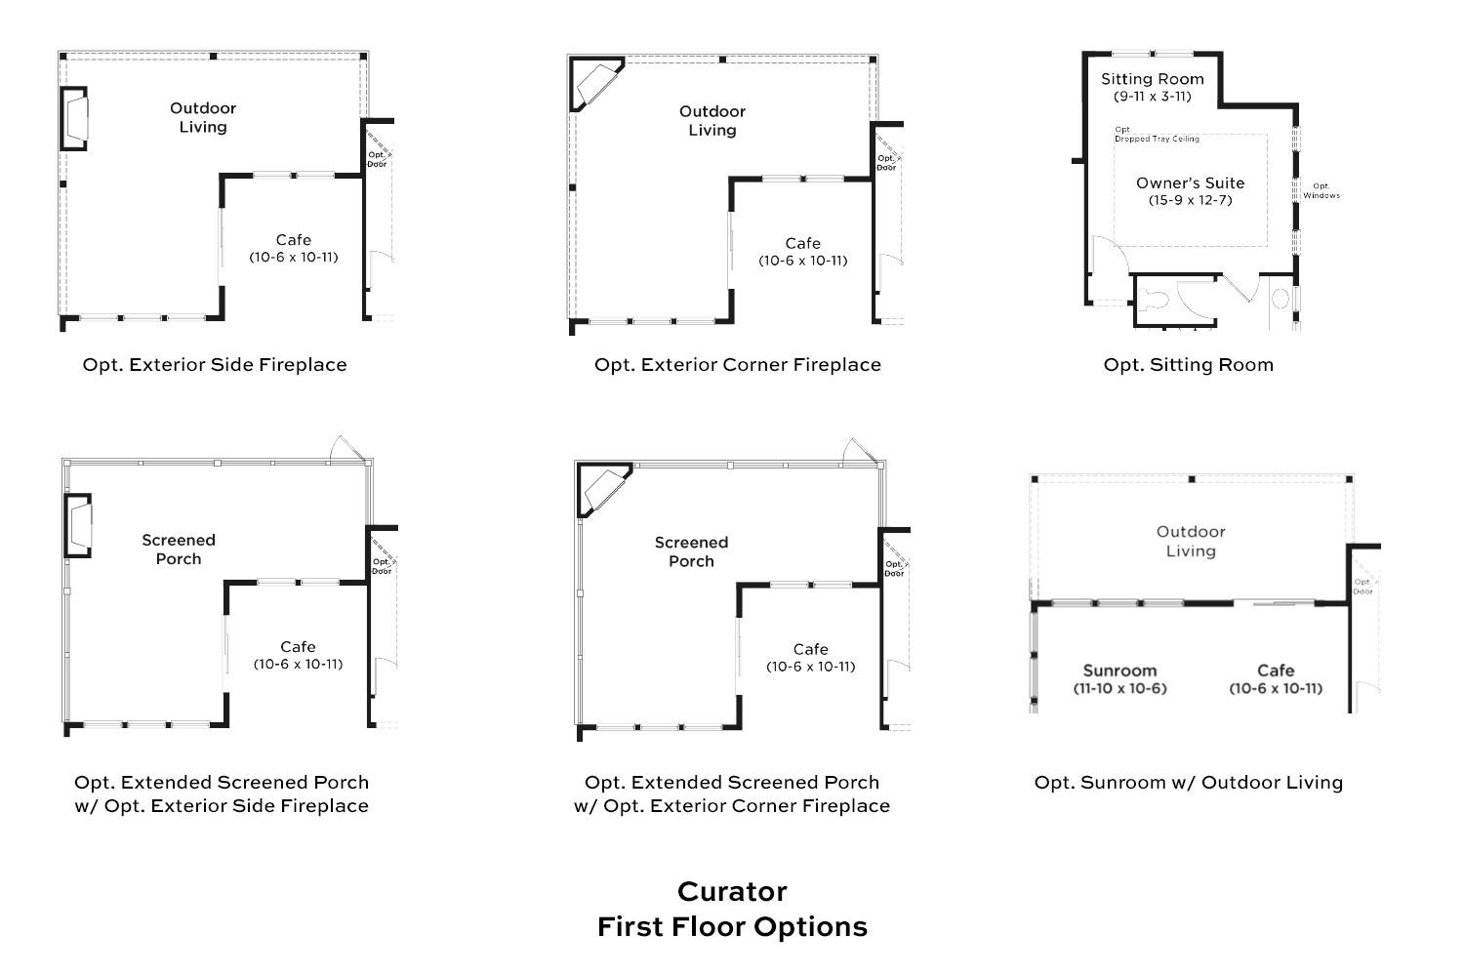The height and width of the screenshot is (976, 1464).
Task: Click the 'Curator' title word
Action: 732,891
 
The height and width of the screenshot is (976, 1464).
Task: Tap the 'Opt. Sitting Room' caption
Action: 1188,365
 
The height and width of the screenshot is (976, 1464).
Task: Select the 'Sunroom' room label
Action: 1119,671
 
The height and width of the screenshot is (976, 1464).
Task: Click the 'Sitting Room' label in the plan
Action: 1153,79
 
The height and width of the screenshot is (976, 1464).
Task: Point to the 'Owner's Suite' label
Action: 1190,183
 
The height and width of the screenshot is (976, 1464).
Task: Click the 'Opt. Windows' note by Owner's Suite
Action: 1322,190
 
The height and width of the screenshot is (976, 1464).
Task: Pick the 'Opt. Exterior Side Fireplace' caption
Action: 215,365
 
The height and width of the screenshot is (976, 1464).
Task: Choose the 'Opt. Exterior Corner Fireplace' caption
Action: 738,365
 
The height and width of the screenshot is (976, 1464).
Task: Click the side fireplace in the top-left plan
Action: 75,118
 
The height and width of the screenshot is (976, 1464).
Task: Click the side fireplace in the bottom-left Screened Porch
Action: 78,525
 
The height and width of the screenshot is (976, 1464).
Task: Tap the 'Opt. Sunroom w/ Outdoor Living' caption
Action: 1188,783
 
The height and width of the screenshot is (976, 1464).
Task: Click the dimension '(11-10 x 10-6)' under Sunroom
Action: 1119,688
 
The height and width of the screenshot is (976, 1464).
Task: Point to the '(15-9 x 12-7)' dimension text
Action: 1190,200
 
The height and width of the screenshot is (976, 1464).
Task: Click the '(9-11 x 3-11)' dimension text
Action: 1153,97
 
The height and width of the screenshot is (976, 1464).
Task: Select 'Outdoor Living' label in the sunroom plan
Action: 1191,541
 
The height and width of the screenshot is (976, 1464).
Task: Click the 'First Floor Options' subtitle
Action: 732,926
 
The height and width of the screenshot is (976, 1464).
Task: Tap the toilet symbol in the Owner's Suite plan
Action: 1153,300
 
